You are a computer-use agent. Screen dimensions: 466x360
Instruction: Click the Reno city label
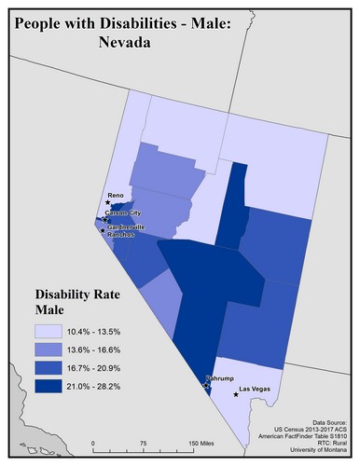(x=116, y=196)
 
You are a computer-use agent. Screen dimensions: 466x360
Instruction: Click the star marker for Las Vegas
(x=236, y=394)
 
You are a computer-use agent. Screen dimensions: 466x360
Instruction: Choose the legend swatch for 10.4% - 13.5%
(x=52, y=330)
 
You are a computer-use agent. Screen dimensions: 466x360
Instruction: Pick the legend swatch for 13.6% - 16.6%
(x=52, y=348)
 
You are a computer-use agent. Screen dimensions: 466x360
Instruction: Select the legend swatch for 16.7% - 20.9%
(x=52, y=366)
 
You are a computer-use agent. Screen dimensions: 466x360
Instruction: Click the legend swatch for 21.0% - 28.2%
(x=52, y=385)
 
